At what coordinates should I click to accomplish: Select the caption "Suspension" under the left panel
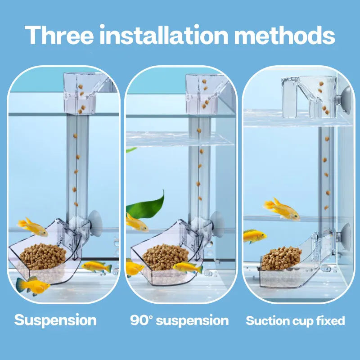tap(55, 320)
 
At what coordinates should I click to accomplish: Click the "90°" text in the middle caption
tap(143, 320)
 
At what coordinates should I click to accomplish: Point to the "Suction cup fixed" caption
tap(295, 321)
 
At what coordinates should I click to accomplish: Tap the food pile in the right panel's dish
tap(282, 258)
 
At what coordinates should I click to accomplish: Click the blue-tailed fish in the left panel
tap(32, 285)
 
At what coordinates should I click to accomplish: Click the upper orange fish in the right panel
tap(282, 210)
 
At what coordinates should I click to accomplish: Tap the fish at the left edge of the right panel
tap(254, 235)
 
